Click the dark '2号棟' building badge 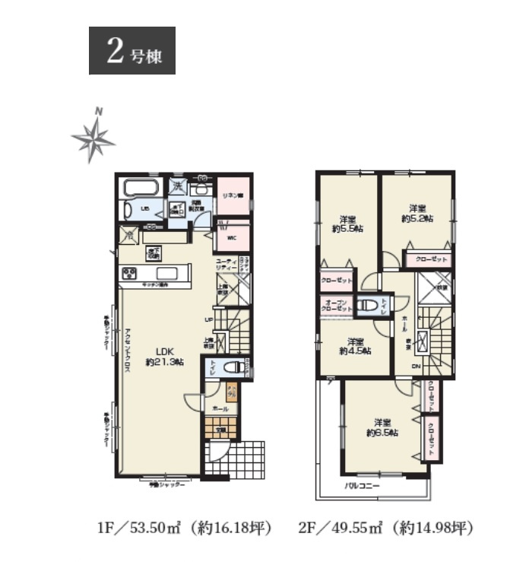pos(132,51)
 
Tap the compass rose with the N pos(93,138)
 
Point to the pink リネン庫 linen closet pos(232,196)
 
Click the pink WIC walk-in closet pos(232,237)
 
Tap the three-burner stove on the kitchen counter pos(127,273)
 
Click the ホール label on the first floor pos(220,409)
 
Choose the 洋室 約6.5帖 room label pos(381,427)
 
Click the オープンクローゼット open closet pos(335,305)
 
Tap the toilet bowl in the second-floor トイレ pos(367,305)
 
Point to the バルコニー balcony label pos(363,484)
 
